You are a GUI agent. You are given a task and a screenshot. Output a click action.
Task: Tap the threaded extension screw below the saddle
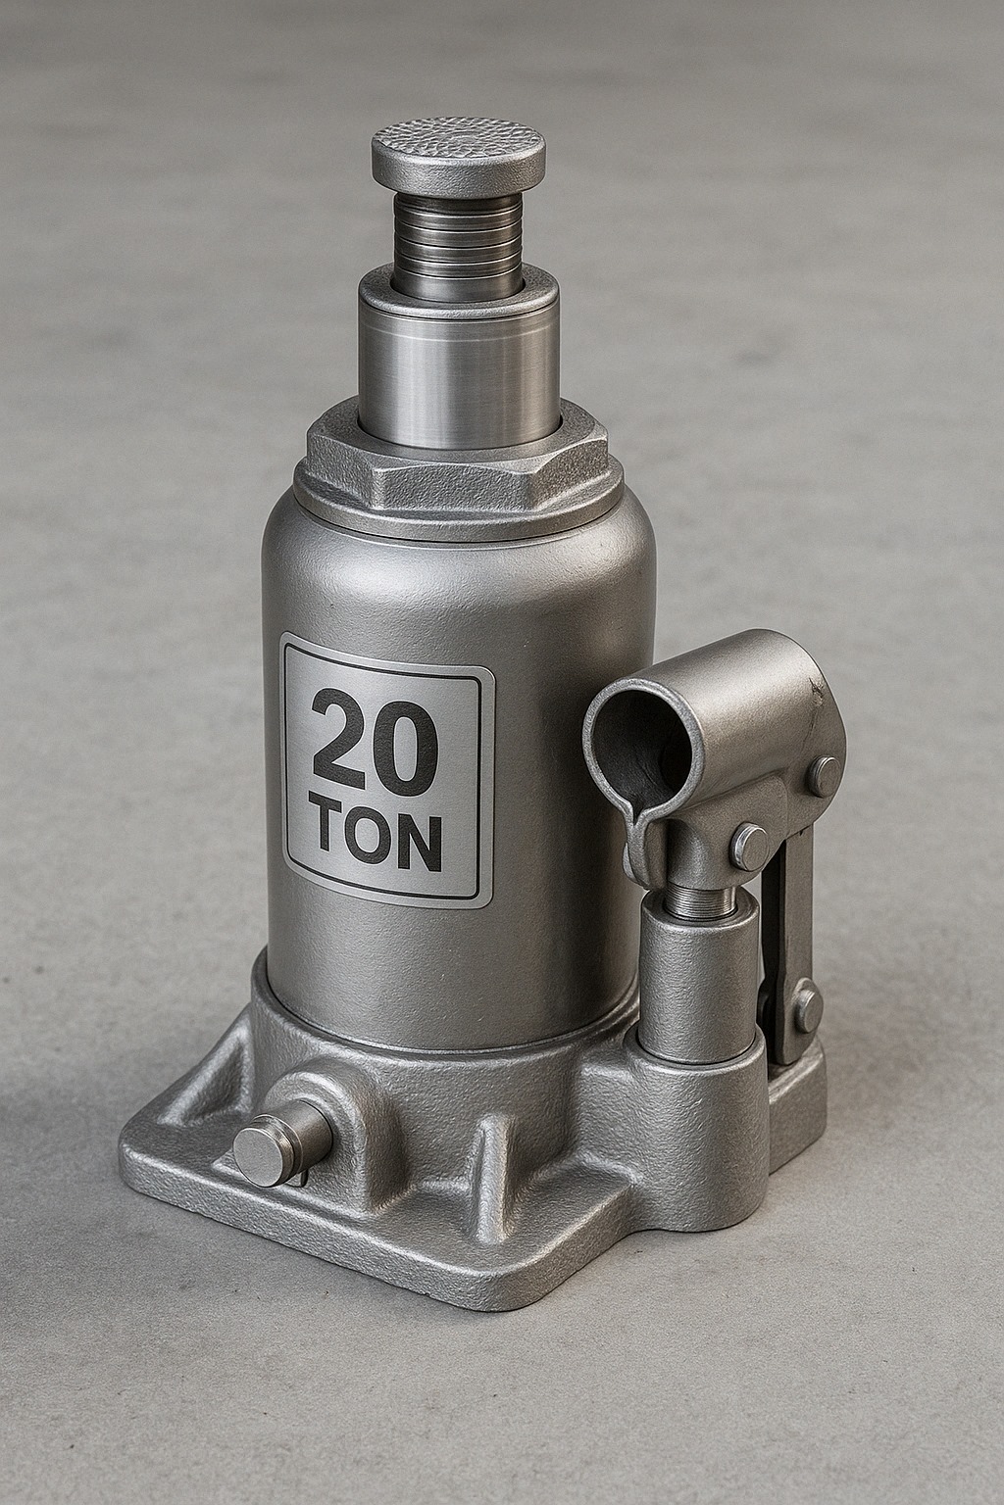coord(457,246)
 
